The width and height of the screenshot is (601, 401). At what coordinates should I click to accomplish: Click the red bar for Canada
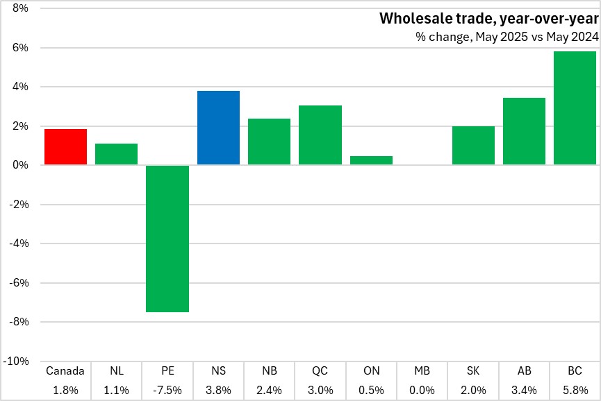[x=65, y=147]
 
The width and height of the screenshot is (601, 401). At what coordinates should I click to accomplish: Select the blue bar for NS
[x=218, y=128]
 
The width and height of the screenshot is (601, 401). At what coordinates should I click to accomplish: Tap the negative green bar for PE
[x=167, y=239]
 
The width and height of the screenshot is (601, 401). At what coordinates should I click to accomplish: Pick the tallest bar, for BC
[x=575, y=108]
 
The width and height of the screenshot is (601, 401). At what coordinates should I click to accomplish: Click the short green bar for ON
[x=371, y=160]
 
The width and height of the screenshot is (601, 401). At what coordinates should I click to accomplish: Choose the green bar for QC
[x=320, y=135]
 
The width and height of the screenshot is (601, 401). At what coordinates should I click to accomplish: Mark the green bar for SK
[x=473, y=146]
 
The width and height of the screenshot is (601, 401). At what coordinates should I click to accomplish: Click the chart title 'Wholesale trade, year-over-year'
[x=488, y=19]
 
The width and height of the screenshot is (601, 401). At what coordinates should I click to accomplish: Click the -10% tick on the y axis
[x=16, y=361]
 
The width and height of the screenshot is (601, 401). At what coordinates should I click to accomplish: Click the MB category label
[x=422, y=371]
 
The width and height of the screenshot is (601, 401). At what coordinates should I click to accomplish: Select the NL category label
[x=116, y=371]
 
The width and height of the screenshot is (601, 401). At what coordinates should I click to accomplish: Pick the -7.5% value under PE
[x=167, y=390]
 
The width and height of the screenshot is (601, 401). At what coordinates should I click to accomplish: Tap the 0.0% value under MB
[x=422, y=390]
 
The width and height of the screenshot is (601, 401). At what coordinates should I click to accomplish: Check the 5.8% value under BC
[x=575, y=390]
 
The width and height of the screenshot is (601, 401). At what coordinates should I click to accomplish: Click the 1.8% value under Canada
[x=65, y=390]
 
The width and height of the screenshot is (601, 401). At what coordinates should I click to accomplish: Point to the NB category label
[x=269, y=371]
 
